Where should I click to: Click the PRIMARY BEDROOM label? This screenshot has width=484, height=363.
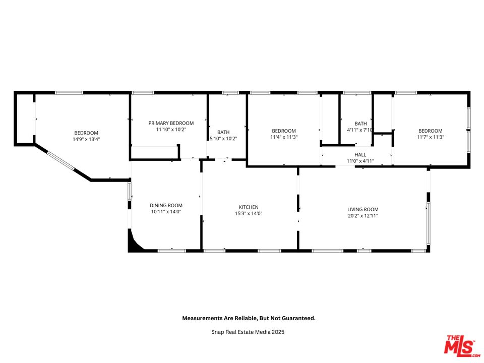click(171, 123)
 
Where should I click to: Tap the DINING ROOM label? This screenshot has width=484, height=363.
click(166, 206)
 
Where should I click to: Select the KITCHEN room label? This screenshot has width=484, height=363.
click(249, 207)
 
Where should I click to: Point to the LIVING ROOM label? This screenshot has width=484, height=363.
click(362, 210)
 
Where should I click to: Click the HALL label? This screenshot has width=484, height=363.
click(360, 155)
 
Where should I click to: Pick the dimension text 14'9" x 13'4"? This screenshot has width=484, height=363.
click(86, 139)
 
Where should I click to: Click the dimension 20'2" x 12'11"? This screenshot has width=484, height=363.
click(362, 216)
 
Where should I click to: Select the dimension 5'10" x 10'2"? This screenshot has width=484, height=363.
click(223, 139)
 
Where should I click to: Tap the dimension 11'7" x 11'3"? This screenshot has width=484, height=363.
click(430, 137)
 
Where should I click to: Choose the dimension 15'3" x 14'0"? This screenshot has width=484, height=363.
click(249, 213)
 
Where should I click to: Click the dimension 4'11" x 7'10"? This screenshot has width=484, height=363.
click(360, 130)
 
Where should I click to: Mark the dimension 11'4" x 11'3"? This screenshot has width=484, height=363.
click(284, 137)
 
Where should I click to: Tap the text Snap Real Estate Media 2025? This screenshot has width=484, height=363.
click(248, 332)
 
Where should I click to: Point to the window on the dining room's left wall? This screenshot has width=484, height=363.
click(130, 192)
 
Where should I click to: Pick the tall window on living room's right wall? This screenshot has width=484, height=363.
click(428, 222)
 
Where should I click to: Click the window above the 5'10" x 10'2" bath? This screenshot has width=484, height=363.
click(230, 93)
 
